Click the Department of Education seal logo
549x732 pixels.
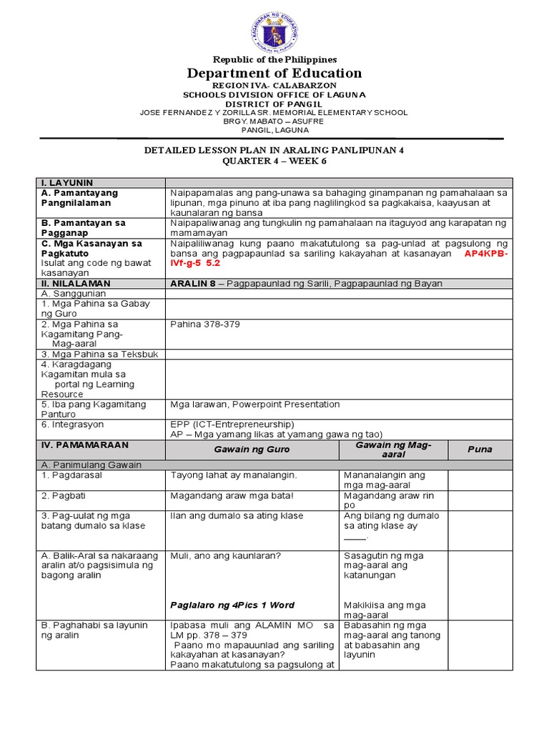pos(274,29)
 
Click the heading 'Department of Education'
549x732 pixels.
pos(274,74)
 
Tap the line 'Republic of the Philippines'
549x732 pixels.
pos(274,59)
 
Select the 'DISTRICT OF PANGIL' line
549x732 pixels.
pos(274,103)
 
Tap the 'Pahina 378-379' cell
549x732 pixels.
pos(205,324)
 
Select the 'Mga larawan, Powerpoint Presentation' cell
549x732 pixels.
pos(255,404)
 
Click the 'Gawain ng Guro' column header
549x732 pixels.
pos(251,450)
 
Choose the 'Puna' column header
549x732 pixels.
pos(480,450)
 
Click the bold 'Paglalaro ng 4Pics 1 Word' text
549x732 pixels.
pos(232,605)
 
